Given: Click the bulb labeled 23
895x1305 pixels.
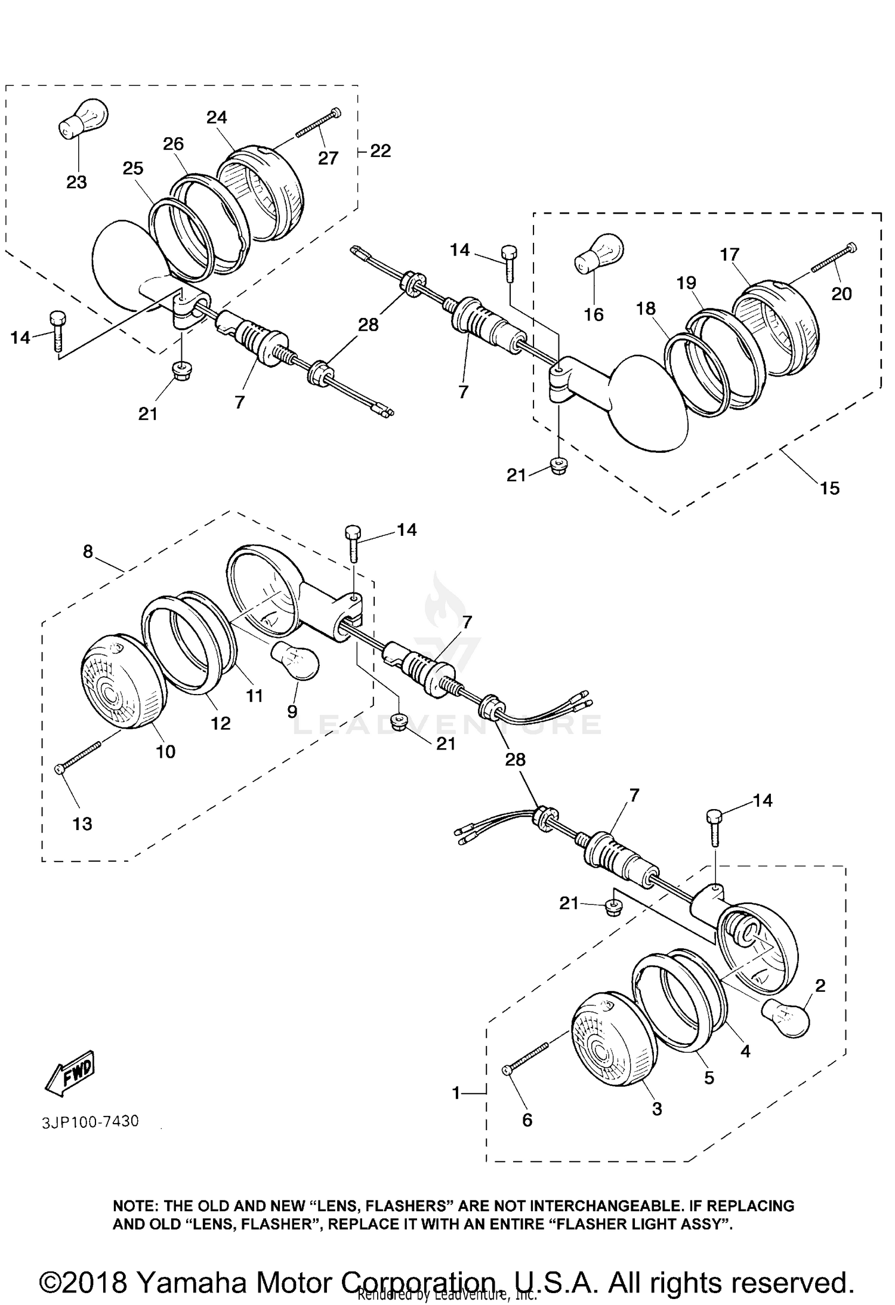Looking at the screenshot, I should (x=84, y=118).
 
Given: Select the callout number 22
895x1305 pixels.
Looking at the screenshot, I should (x=380, y=151).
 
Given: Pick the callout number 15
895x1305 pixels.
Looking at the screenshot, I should (x=830, y=488).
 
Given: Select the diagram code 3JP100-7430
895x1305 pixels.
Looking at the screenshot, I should (x=90, y=1121).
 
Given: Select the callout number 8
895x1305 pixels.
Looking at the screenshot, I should (x=88, y=552).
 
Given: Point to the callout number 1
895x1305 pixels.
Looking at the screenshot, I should (x=456, y=1093).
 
